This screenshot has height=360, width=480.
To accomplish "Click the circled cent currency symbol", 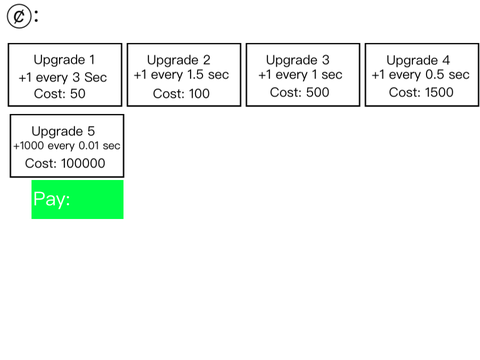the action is (x=19, y=16).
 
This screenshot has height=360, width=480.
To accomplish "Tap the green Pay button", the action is (x=77, y=199).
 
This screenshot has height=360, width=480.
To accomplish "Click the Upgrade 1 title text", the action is (x=64, y=60).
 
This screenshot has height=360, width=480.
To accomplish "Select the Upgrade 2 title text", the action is (x=179, y=60).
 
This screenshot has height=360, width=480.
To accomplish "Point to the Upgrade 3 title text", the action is (x=298, y=60).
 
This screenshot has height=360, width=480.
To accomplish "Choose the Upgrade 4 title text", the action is (x=418, y=61).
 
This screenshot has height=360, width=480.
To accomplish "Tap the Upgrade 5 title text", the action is (x=63, y=131).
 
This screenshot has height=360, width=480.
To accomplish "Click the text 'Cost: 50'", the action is (x=60, y=94).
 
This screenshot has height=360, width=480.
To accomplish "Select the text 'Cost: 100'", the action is (x=181, y=94).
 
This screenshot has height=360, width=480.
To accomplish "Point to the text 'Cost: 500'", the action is (x=299, y=92).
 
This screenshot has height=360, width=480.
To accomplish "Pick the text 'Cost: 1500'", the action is (x=421, y=92).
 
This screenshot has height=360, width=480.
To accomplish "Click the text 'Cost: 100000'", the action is (x=65, y=163).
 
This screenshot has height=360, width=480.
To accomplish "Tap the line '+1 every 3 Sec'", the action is (x=63, y=78).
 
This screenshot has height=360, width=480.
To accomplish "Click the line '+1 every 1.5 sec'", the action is (x=181, y=75).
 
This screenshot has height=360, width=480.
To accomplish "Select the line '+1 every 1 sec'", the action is (x=300, y=75).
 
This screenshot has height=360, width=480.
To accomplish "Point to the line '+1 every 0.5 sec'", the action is (x=421, y=75).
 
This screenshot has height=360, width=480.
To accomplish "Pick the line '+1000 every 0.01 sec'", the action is (x=67, y=146).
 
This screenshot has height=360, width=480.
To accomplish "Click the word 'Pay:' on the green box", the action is (x=52, y=199).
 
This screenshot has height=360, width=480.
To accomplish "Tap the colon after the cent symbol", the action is (x=36, y=16).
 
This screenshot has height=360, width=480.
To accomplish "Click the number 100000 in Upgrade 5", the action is (x=83, y=163).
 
